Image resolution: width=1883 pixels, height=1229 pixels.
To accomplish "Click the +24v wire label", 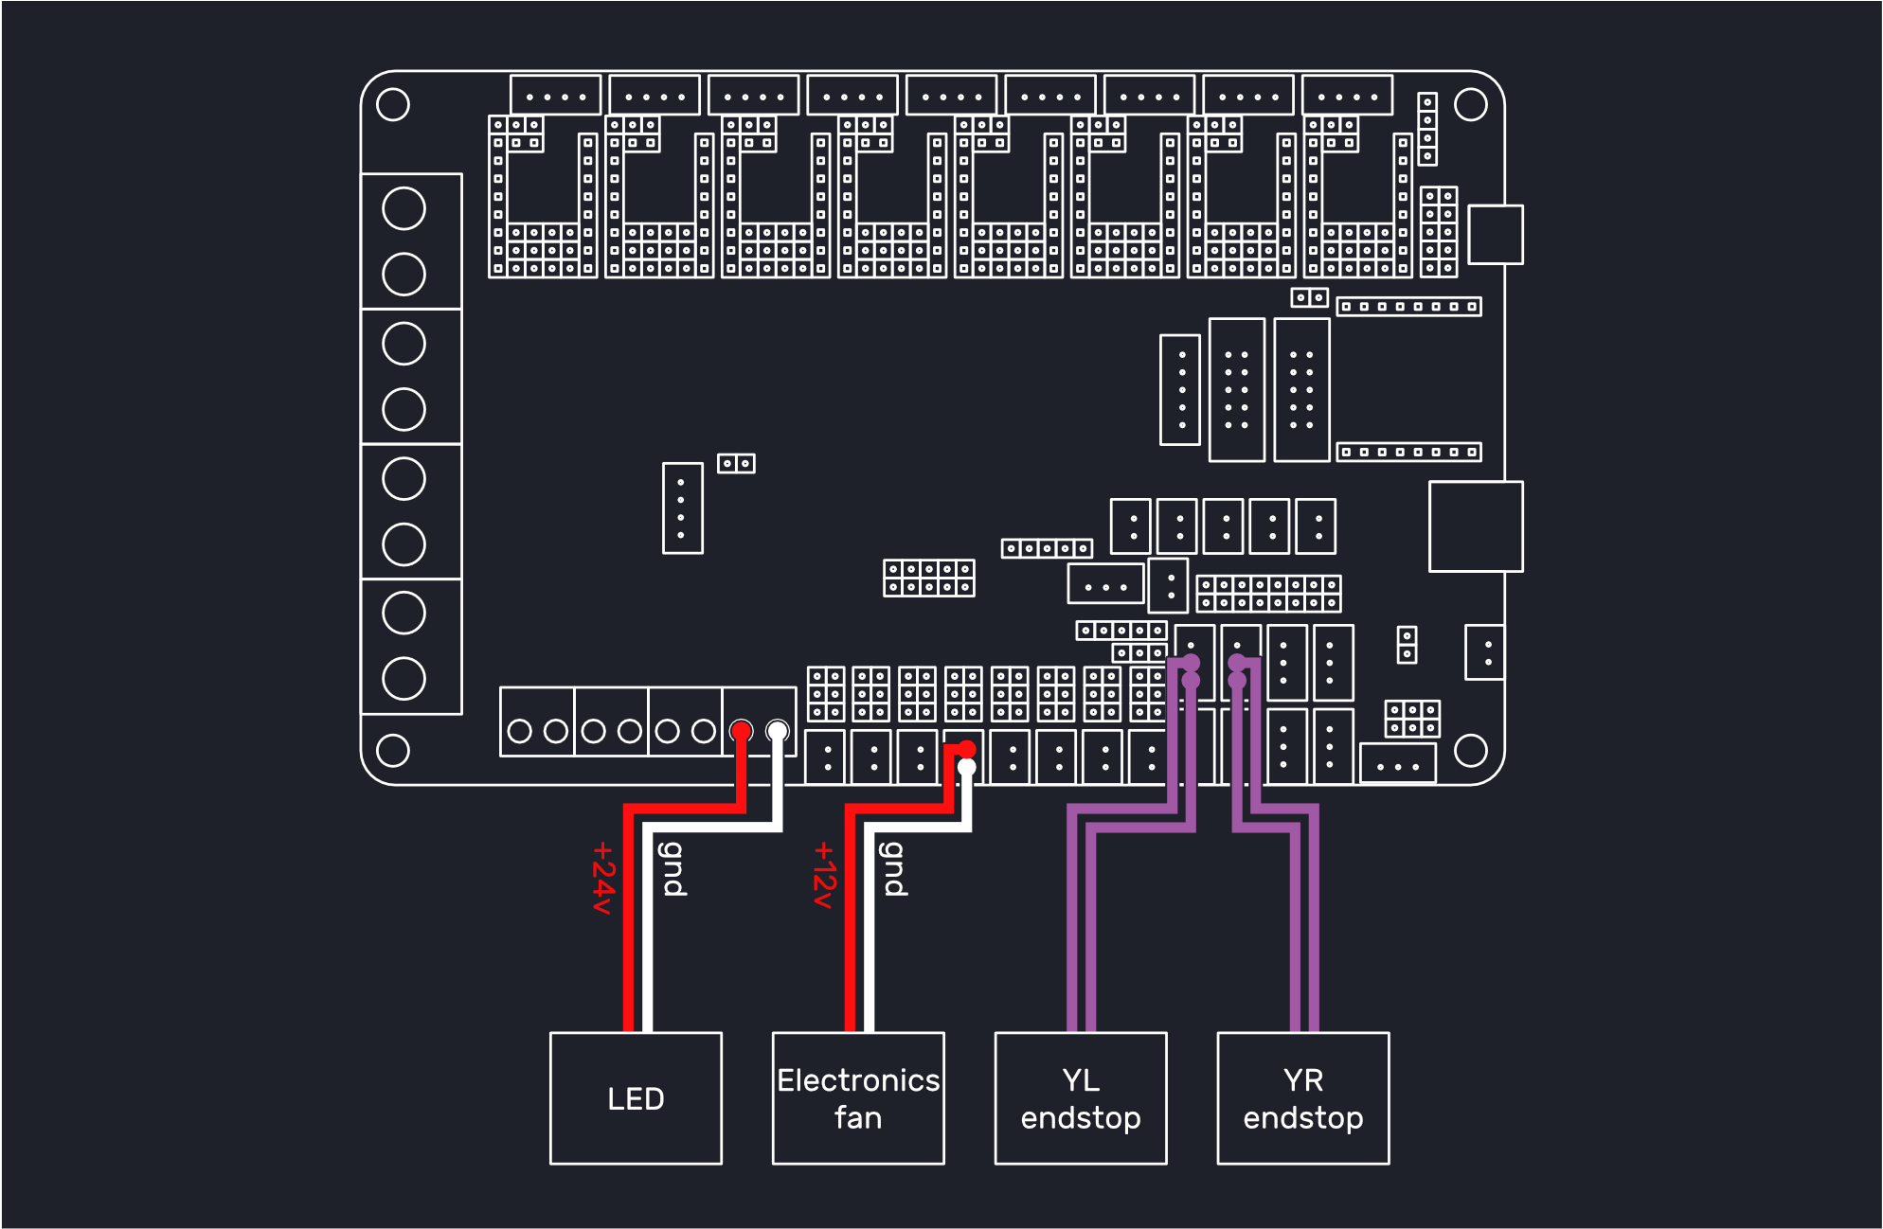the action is (603, 878).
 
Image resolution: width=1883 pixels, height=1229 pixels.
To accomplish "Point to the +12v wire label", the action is (825, 875).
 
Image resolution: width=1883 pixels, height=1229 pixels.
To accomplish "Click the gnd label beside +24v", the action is (672, 868).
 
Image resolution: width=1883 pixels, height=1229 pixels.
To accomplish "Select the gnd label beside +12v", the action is (894, 868).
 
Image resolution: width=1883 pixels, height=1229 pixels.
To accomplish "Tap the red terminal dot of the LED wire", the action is (741, 731).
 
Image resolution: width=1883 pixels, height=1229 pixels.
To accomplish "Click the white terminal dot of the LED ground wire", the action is (778, 731).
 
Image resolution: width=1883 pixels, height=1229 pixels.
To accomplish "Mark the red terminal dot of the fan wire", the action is (966, 749).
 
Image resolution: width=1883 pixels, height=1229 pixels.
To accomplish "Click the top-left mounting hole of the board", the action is (393, 104).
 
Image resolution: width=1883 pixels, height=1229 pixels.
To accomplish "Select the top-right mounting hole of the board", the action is (1471, 104).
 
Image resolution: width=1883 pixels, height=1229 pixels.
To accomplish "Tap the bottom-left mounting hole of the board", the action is (393, 751).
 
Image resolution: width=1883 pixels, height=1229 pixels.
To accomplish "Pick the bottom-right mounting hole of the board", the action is (1471, 751).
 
